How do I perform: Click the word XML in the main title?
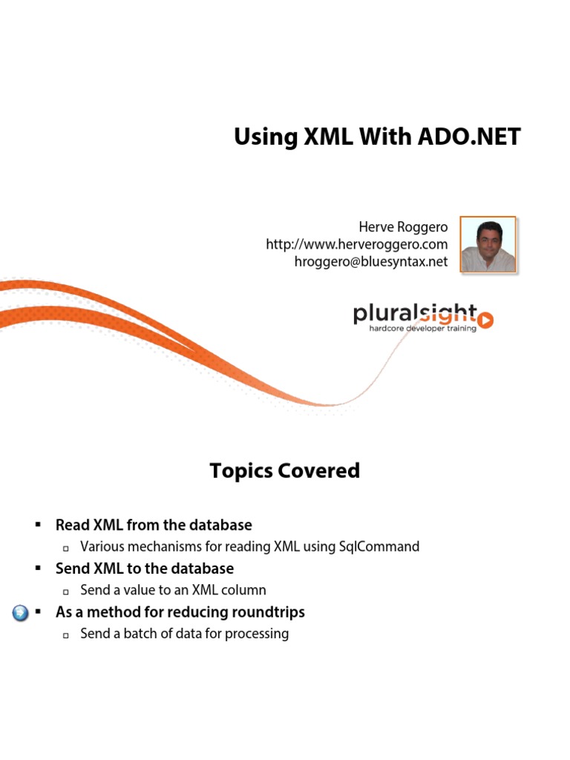pos(319,137)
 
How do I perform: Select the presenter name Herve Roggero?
pos(403,227)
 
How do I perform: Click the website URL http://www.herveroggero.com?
pos(357,244)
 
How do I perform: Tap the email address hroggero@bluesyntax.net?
pos(371,262)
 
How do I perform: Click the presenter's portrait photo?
pos(488,245)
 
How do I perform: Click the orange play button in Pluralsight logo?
pos(485,320)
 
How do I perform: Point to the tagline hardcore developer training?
pos(422,328)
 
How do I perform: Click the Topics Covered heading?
pos(284,471)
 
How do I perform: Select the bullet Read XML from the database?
pos(154,525)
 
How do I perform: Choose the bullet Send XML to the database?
pos(145,569)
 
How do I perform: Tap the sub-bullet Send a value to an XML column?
pos(173,591)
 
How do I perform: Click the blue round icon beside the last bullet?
pos(22,614)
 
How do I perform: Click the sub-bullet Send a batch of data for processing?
pos(184,635)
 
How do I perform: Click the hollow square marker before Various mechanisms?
pos(66,548)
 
